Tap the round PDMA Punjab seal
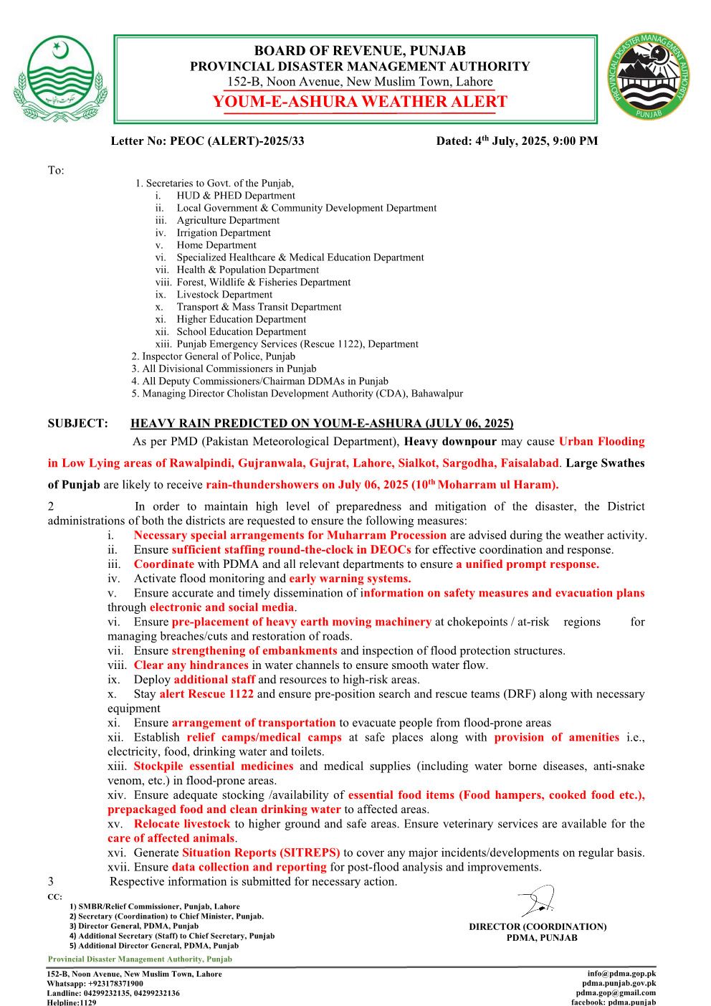pyautogui.click(x=649, y=77)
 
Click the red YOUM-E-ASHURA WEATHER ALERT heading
pyautogui.click(x=360, y=102)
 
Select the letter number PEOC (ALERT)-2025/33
pyautogui.click(x=207, y=141)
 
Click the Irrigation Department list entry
pyautogui.click(x=224, y=232)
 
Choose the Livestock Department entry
pyautogui.click(x=224, y=294)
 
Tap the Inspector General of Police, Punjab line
pyautogui.click(x=214, y=356)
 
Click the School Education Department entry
pyautogui.click(x=242, y=331)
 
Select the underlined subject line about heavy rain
pyautogui.click(x=322, y=423)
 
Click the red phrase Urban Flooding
pyautogui.click(x=601, y=442)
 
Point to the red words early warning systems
pyautogui.click(x=350, y=579)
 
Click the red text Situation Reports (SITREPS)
pyautogui.click(x=261, y=853)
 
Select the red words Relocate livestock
pyautogui.click(x=182, y=824)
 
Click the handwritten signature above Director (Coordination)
pyautogui.click(x=537, y=901)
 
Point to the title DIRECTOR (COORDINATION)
pyautogui.click(x=538, y=926)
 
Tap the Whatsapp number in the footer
pyautogui.click(x=95, y=984)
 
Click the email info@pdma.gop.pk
pyautogui.click(x=621, y=974)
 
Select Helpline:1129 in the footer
pyautogui.click(x=72, y=1002)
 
